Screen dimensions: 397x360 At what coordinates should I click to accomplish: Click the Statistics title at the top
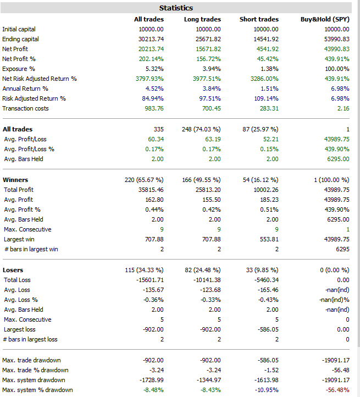pos(176,8)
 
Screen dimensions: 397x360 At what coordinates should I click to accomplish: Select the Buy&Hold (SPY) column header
pos(325,19)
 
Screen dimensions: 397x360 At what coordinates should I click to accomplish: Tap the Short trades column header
pos(259,19)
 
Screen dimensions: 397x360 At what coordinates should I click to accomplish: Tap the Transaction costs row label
pos(25,108)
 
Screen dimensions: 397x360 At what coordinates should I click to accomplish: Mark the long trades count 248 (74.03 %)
pos(201,129)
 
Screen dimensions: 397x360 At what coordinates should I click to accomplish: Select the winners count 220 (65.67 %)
pos(144,180)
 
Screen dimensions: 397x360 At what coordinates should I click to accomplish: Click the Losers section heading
pos(13,270)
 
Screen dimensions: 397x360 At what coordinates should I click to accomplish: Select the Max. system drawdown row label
pos(34,380)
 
